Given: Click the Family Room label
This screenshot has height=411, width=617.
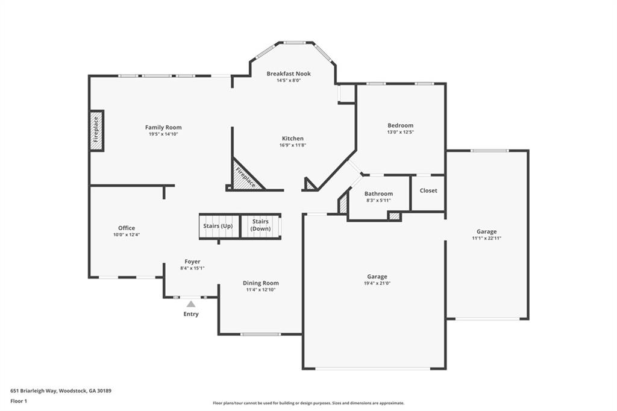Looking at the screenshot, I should click(163, 127).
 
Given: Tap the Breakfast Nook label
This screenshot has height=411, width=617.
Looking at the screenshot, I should click(289, 74).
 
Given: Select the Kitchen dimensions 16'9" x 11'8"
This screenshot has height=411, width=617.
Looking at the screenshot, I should click(293, 145).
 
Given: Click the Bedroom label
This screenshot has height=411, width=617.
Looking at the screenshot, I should click(400, 125).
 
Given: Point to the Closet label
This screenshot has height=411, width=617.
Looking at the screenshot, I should click(428, 190).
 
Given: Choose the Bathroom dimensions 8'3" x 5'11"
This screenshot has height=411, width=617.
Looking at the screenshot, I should click(378, 200).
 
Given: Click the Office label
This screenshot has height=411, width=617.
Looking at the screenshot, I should click(127, 228).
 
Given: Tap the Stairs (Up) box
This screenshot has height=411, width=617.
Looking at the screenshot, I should click(219, 226).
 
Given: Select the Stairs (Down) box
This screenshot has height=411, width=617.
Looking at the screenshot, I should click(260, 225).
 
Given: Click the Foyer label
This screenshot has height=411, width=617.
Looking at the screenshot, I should click(192, 262).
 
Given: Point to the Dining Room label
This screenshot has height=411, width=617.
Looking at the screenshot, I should click(261, 283).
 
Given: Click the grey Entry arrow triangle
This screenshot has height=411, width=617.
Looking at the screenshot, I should click(191, 304).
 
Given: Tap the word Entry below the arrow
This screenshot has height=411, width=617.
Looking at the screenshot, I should click(191, 314).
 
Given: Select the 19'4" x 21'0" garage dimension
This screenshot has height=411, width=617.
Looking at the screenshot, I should click(377, 283).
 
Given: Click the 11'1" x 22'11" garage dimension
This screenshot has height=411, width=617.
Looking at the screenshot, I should click(487, 238).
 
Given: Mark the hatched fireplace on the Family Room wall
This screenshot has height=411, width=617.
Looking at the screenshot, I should click(96, 130).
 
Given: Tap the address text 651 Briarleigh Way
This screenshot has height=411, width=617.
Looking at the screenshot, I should click(61, 391).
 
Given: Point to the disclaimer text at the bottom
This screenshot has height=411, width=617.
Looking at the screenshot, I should click(308, 403).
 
